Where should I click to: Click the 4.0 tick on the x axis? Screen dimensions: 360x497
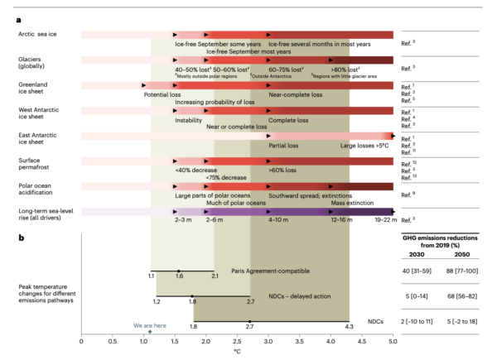pyautogui.click(x=331, y=341)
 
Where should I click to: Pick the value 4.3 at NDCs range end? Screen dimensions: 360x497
pyautogui.click(x=349, y=327)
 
